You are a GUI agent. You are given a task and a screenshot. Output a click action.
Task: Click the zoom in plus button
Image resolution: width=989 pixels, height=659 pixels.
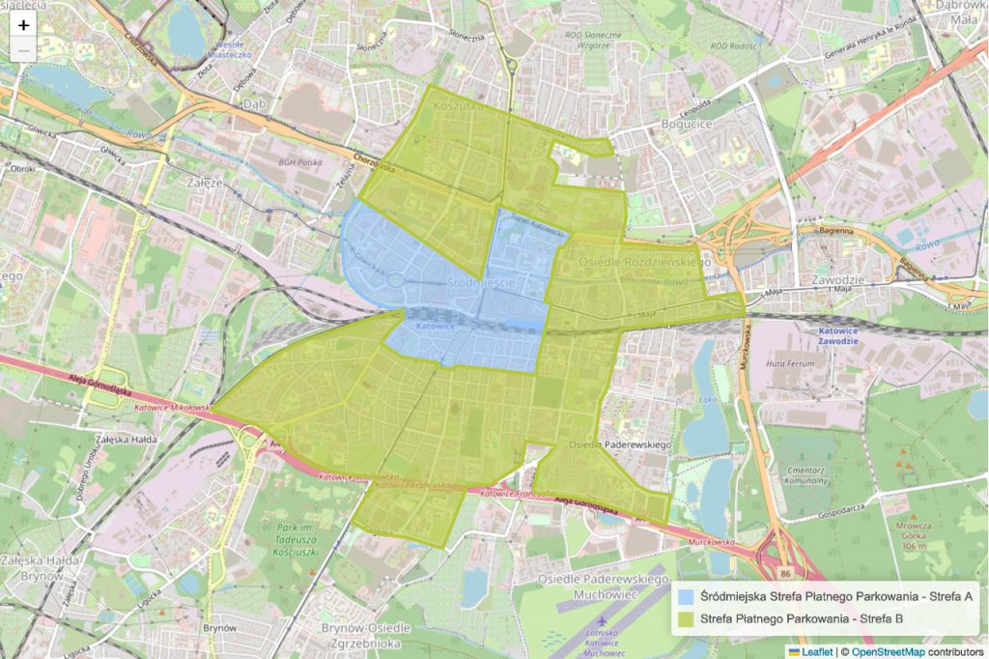[23, 25]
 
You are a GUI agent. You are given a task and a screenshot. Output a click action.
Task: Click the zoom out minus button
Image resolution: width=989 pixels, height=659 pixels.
[23, 50]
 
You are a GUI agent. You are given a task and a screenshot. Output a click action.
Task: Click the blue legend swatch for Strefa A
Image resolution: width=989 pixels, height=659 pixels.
[687, 596]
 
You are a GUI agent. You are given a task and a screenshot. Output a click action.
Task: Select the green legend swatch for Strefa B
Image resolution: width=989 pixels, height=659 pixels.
[687, 618]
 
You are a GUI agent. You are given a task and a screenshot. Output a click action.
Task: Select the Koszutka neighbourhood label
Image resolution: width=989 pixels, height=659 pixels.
[458, 107]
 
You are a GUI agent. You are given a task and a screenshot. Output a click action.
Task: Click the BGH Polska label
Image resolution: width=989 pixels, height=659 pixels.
[299, 162]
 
